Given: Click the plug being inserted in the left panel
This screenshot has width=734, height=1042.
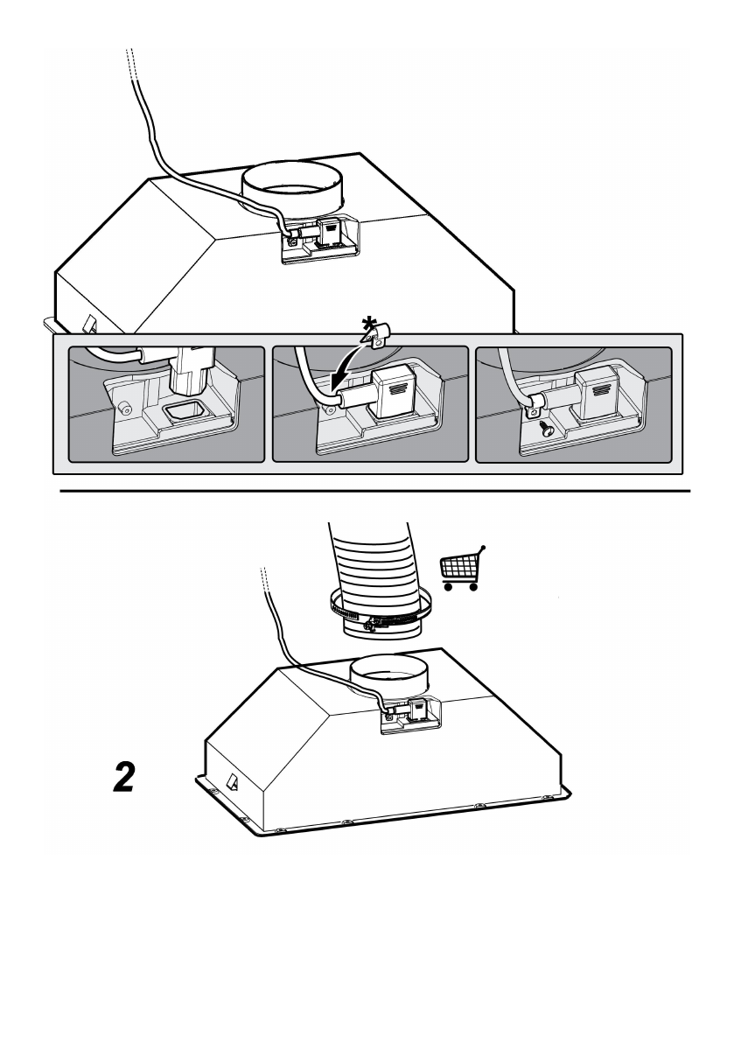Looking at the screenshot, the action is [x=190, y=372].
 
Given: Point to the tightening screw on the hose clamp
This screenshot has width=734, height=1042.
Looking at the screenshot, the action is [x=374, y=623].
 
